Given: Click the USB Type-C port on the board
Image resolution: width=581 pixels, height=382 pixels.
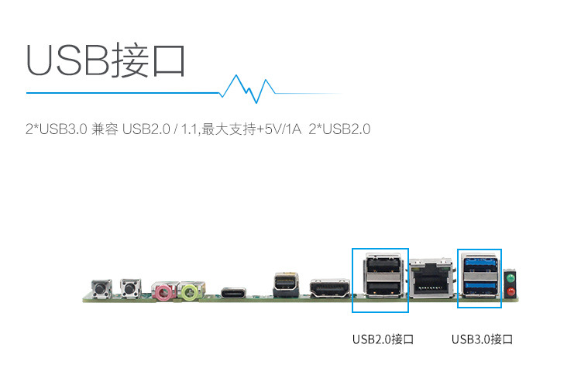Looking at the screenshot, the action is (233, 293).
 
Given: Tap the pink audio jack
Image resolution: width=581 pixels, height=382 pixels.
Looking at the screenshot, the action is (163, 291).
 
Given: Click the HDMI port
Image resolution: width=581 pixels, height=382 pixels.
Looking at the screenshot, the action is (330, 288).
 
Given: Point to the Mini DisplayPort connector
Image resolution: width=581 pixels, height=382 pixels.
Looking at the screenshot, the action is (286, 284).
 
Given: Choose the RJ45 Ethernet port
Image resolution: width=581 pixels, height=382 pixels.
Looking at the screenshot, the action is (431, 278).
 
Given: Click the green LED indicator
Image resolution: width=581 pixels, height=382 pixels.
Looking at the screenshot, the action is (511, 278).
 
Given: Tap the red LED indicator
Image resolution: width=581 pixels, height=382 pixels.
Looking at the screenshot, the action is (511, 291).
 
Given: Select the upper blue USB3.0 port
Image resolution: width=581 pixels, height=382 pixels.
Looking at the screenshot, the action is (480, 265).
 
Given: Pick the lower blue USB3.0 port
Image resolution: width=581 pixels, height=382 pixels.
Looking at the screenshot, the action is (480, 287).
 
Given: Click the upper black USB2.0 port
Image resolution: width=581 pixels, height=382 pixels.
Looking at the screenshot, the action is (383, 264).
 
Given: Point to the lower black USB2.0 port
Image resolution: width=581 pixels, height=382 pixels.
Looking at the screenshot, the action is (383, 288).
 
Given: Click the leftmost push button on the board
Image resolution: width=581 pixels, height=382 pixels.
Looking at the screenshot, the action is (101, 288).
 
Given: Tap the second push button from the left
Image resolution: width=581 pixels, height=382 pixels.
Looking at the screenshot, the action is (130, 288).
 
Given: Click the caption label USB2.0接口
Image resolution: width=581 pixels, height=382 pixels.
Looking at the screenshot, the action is (383, 339).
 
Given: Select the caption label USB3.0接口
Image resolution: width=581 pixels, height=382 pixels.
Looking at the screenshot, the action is (482, 339).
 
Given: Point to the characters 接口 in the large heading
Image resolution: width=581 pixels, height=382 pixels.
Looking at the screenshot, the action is (148, 60).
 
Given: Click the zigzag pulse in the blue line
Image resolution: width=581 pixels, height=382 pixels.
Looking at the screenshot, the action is (248, 89).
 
